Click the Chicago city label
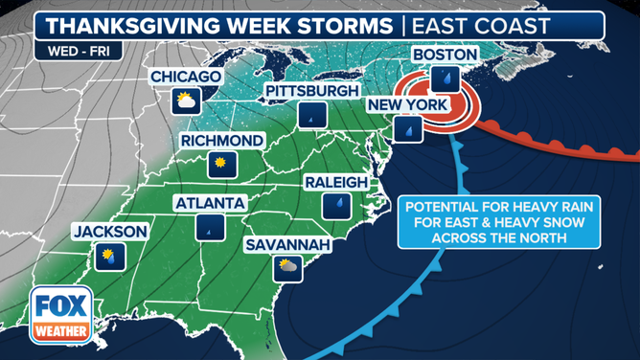[186, 77]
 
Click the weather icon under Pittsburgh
[309, 115]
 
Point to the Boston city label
[445, 55]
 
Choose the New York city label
[406, 104]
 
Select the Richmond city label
[221, 141]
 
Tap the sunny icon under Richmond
[222, 165]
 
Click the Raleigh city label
[336, 182]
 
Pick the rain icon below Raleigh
[337, 205]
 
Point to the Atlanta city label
[210, 203]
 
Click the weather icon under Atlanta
[210, 227]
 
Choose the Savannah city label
[287, 245]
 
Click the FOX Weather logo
[61, 315]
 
